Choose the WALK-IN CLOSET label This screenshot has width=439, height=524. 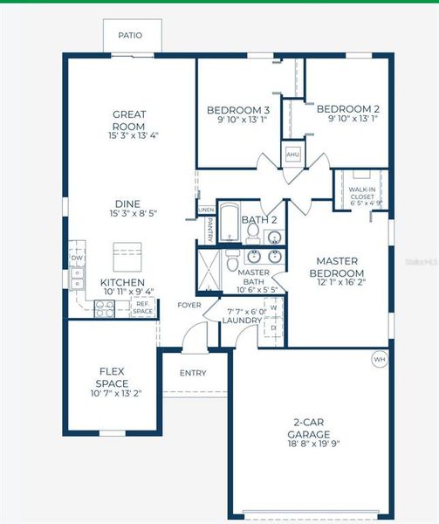pyautogui.click(x=363, y=194)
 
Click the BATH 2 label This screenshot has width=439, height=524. pyautogui.click(x=259, y=219)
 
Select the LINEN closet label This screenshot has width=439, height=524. pyautogui.click(x=206, y=210)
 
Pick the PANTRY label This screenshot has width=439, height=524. pyautogui.click(x=210, y=230)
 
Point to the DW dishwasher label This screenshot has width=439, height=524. pyautogui.click(x=77, y=259)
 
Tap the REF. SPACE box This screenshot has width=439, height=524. pyautogui.click(x=143, y=307)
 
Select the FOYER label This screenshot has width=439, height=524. pyautogui.click(x=189, y=306)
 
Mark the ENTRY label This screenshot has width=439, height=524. pyautogui.click(x=193, y=373)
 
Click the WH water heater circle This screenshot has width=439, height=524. pyautogui.click(x=379, y=359)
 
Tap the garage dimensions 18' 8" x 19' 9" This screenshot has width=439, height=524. pyautogui.click(x=309, y=443)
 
